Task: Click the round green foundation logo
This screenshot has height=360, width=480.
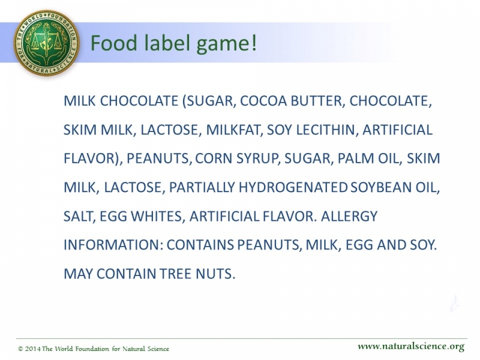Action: click(46, 43)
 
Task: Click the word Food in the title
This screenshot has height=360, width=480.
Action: click(114, 43)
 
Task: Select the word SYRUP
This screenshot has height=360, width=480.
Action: click(258, 158)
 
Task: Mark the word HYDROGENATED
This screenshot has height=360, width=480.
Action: click(293, 187)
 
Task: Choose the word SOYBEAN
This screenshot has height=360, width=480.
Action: click(380, 187)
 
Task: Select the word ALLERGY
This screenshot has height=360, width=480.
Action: click(349, 216)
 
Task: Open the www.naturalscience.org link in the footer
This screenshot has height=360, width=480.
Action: click(410, 347)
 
